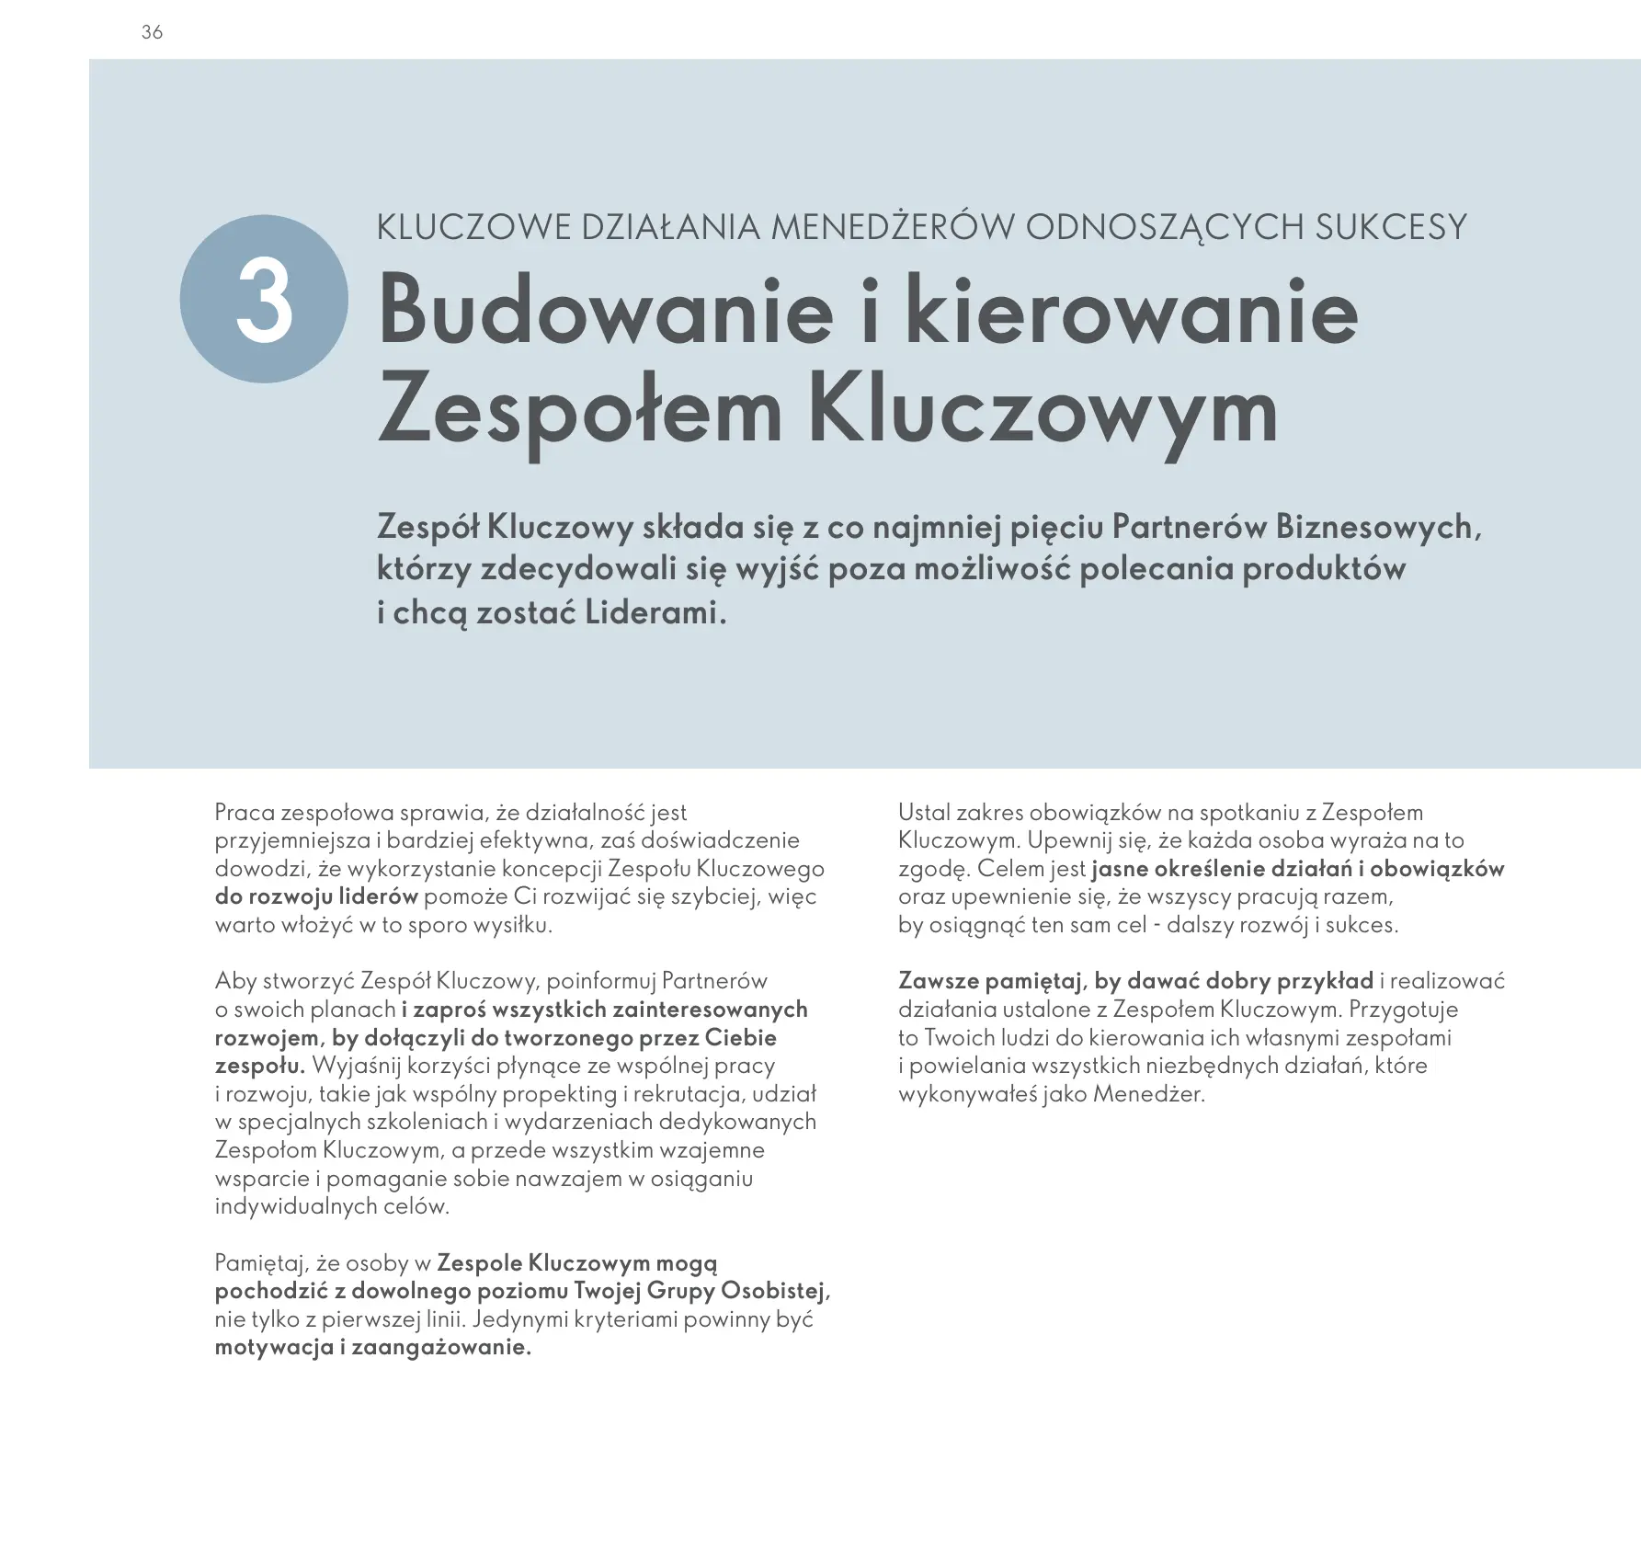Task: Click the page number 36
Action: click(x=153, y=32)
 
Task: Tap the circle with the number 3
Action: click(x=264, y=299)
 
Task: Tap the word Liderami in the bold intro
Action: click(x=655, y=612)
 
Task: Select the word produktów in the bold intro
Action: click(x=1324, y=569)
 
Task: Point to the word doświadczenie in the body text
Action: click(x=720, y=840)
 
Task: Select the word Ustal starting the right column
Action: click(x=924, y=813)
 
